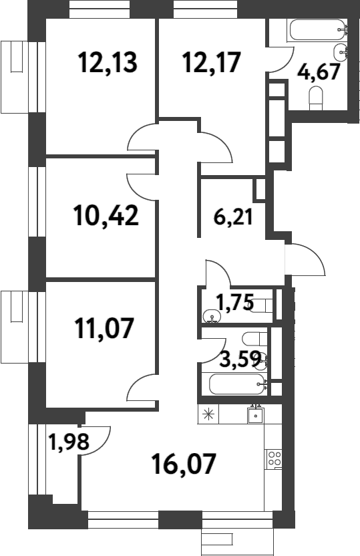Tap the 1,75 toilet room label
(234, 302)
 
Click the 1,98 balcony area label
(63, 442)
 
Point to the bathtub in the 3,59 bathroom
(237, 384)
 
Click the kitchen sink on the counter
(254, 415)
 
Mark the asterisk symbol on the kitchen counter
(209, 414)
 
